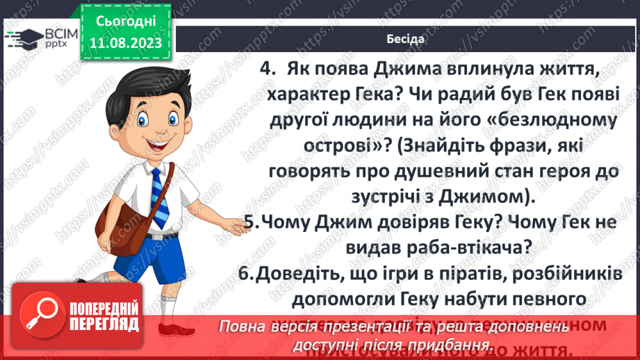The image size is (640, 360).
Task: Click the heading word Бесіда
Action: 405,38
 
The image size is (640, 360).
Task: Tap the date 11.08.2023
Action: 126,42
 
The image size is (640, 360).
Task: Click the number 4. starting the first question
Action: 268,69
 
